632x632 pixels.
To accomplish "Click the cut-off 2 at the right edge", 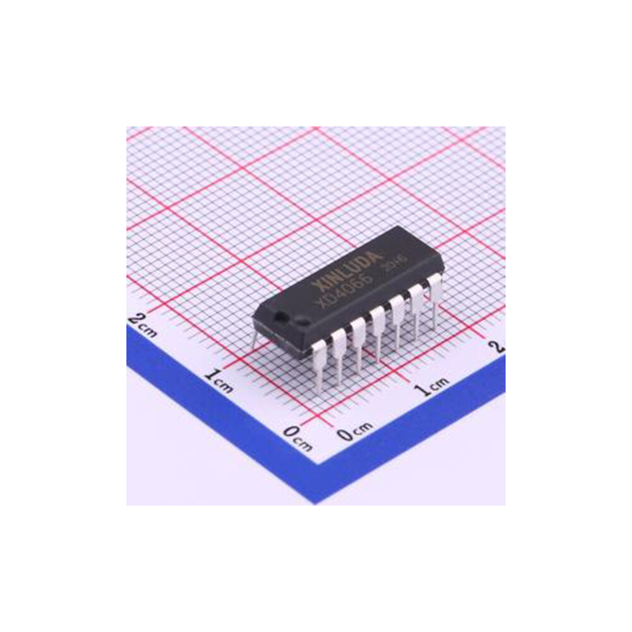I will pos(500,346).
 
